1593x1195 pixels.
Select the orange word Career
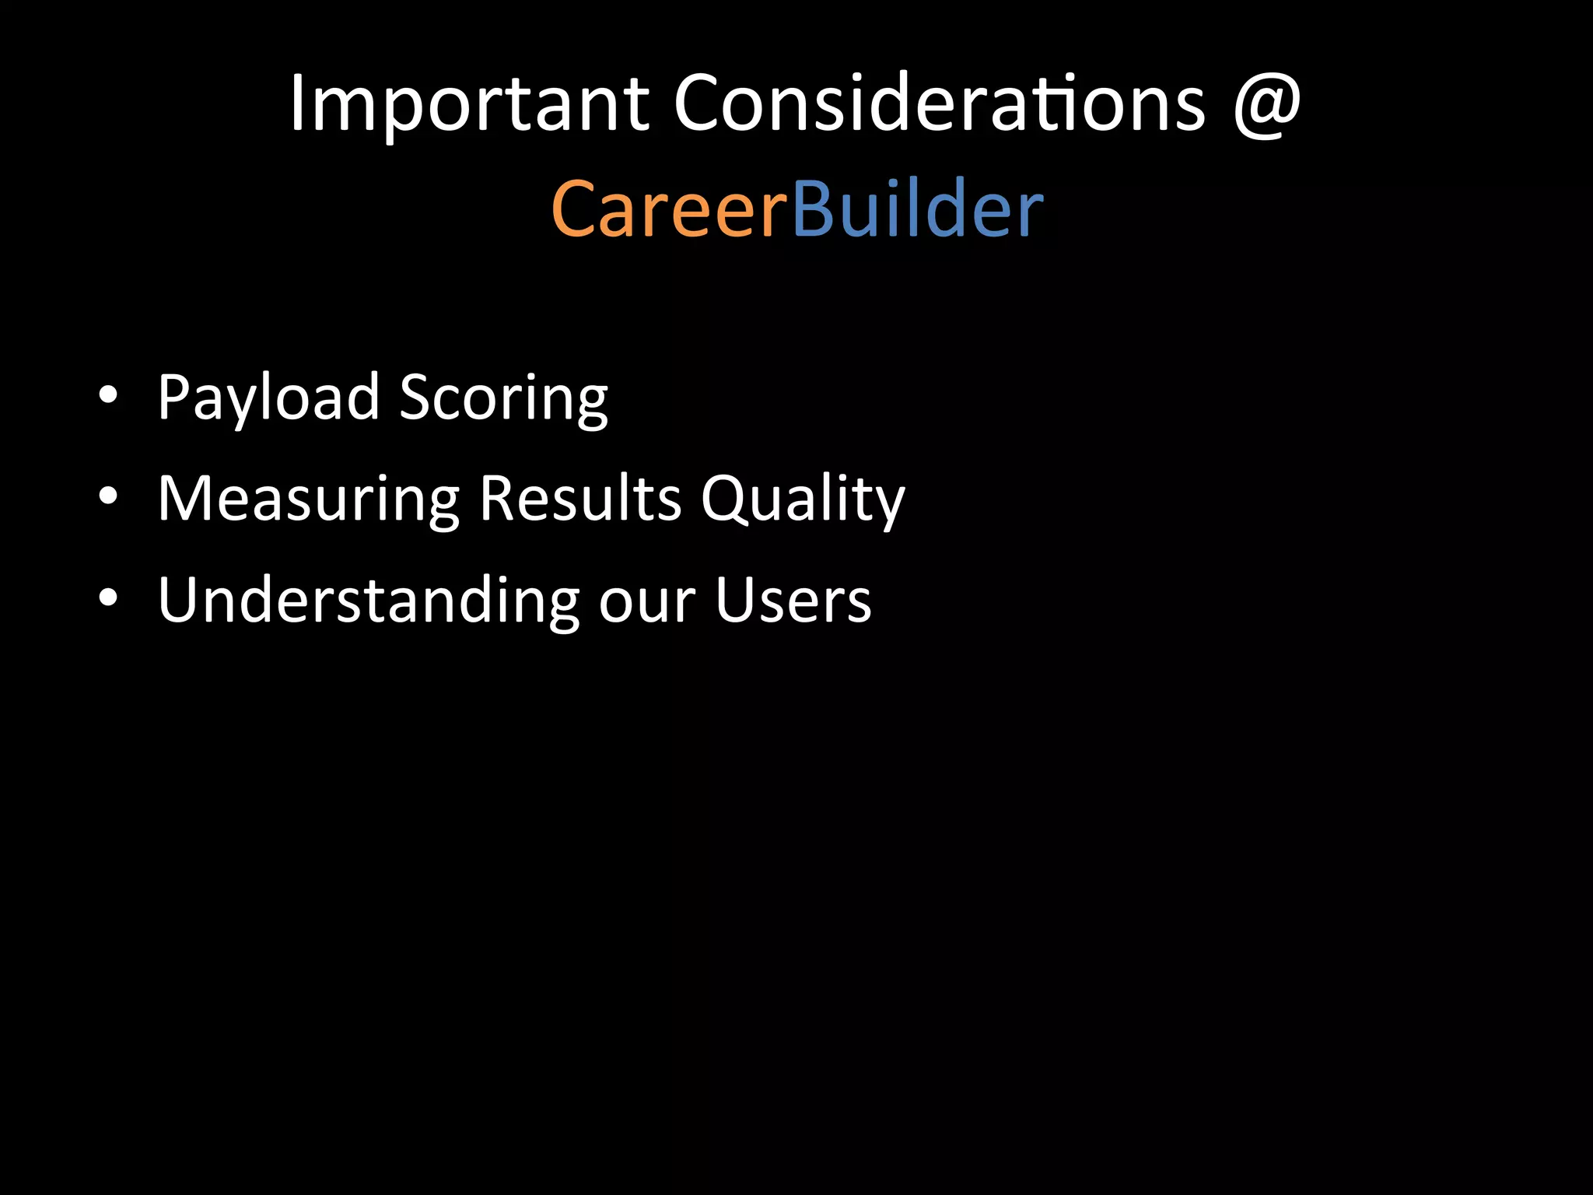(669, 209)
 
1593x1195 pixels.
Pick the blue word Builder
(917, 209)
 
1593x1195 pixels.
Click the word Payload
(268, 398)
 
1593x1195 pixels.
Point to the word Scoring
(503, 398)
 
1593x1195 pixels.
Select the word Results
(580, 499)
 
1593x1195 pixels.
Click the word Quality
(803, 499)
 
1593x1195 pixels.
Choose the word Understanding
(369, 600)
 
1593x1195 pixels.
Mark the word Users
(793, 600)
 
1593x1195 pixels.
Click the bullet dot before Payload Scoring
(109, 396)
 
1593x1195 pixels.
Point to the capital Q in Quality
(726, 499)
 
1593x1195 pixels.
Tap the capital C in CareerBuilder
(577, 209)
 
